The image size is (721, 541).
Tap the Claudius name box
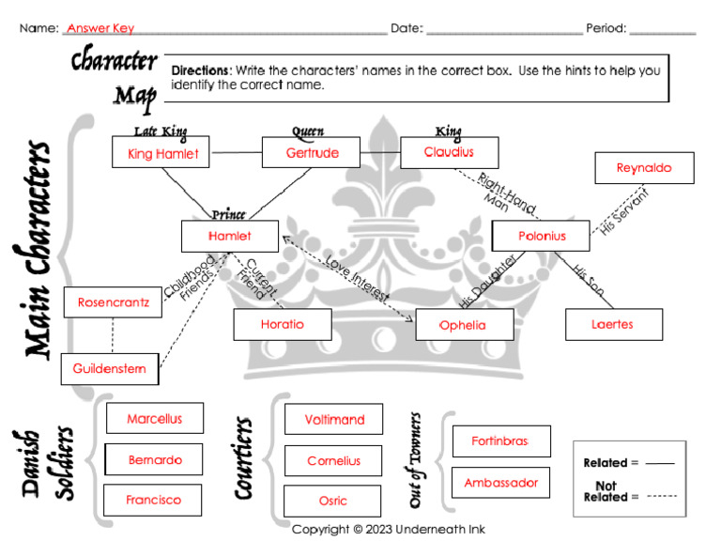click(449, 152)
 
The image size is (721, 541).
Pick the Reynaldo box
click(644, 168)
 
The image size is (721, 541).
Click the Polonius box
click(542, 236)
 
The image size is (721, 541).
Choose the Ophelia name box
click(464, 325)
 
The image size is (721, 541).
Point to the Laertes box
click(613, 324)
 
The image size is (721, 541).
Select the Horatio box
click(282, 324)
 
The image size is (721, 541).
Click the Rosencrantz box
click(113, 302)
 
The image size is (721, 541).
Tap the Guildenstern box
click(109, 369)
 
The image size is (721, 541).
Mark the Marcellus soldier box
click(155, 419)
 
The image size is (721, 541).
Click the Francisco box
click(153, 500)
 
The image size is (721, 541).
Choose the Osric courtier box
click(333, 501)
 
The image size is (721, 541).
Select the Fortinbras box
click(500, 441)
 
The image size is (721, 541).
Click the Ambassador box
click(500, 483)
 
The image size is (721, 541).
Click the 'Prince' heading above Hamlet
click(229, 214)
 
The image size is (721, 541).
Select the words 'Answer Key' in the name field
click(100, 28)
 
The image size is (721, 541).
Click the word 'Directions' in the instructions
click(201, 70)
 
